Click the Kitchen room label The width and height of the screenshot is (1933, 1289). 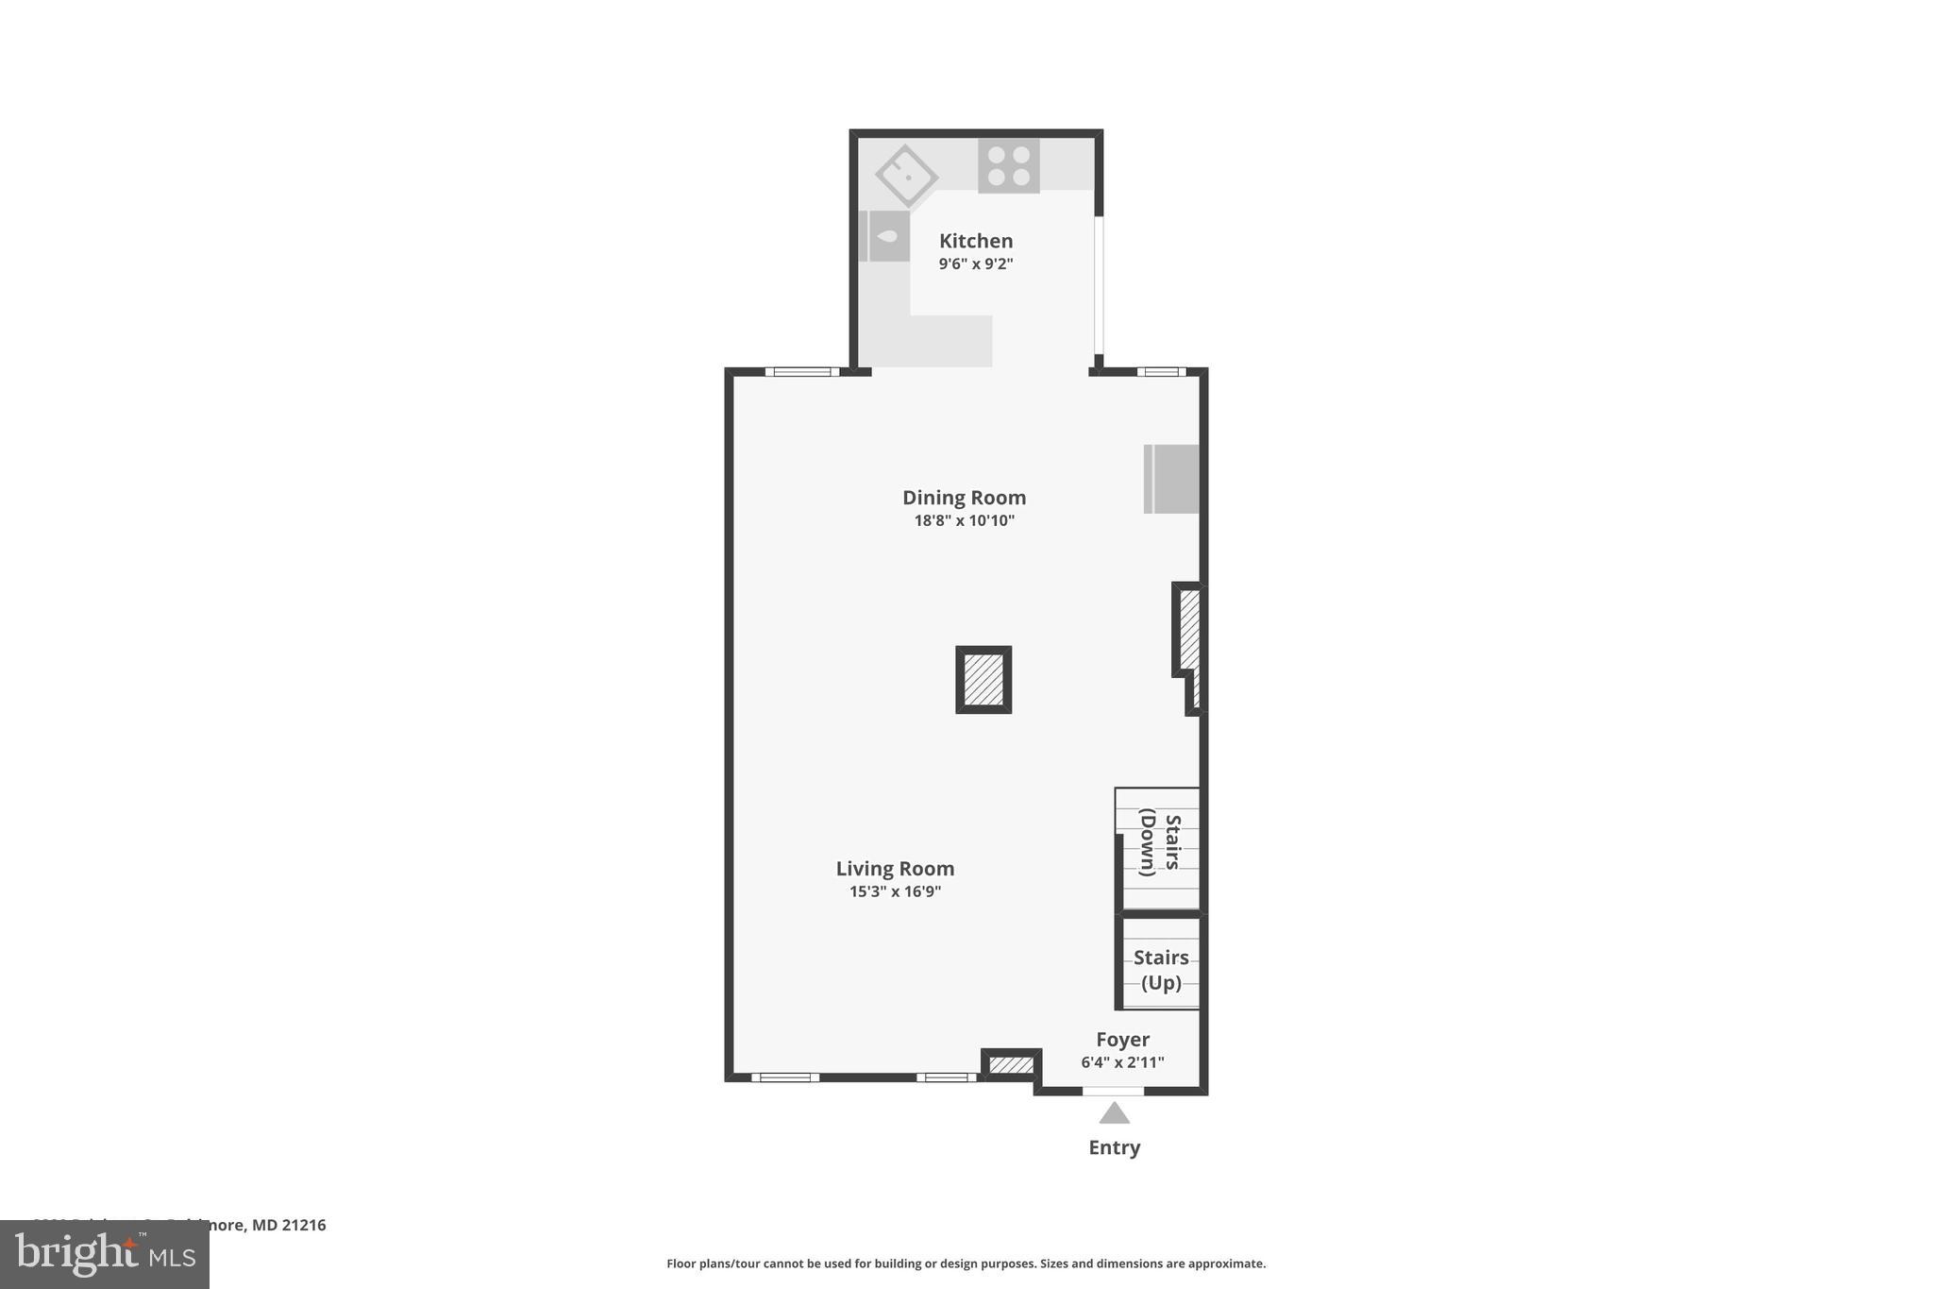(x=975, y=241)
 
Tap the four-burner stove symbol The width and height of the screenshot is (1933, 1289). (x=1008, y=166)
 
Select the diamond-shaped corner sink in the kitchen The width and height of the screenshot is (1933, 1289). (x=906, y=175)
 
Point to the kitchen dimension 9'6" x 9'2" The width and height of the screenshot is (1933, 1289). (x=975, y=264)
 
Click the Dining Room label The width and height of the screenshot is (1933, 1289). (x=964, y=498)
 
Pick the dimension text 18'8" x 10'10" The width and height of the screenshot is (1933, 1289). (x=964, y=520)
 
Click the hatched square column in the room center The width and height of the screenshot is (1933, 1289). (x=983, y=680)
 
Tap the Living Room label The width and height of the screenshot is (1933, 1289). (x=895, y=869)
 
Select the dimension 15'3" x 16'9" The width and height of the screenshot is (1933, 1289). (x=895, y=891)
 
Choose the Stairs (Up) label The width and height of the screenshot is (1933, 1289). (x=1161, y=970)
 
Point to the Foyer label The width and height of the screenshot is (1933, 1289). (x=1122, y=1040)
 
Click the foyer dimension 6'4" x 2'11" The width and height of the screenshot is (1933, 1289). (x=1122, y=1062)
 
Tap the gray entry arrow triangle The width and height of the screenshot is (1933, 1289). (x=1114, y=1114)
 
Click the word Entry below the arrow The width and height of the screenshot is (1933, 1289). (x=1114, y=1147)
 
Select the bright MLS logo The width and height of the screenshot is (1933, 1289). (x=104, y=1255)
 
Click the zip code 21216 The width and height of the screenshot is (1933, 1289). (x=303, y=1225)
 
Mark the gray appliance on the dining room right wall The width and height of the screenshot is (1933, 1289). (x=1171, y=479)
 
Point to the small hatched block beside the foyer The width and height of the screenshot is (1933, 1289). (x=1011, y=1065)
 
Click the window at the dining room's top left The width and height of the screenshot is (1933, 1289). (x=801, y=372)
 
